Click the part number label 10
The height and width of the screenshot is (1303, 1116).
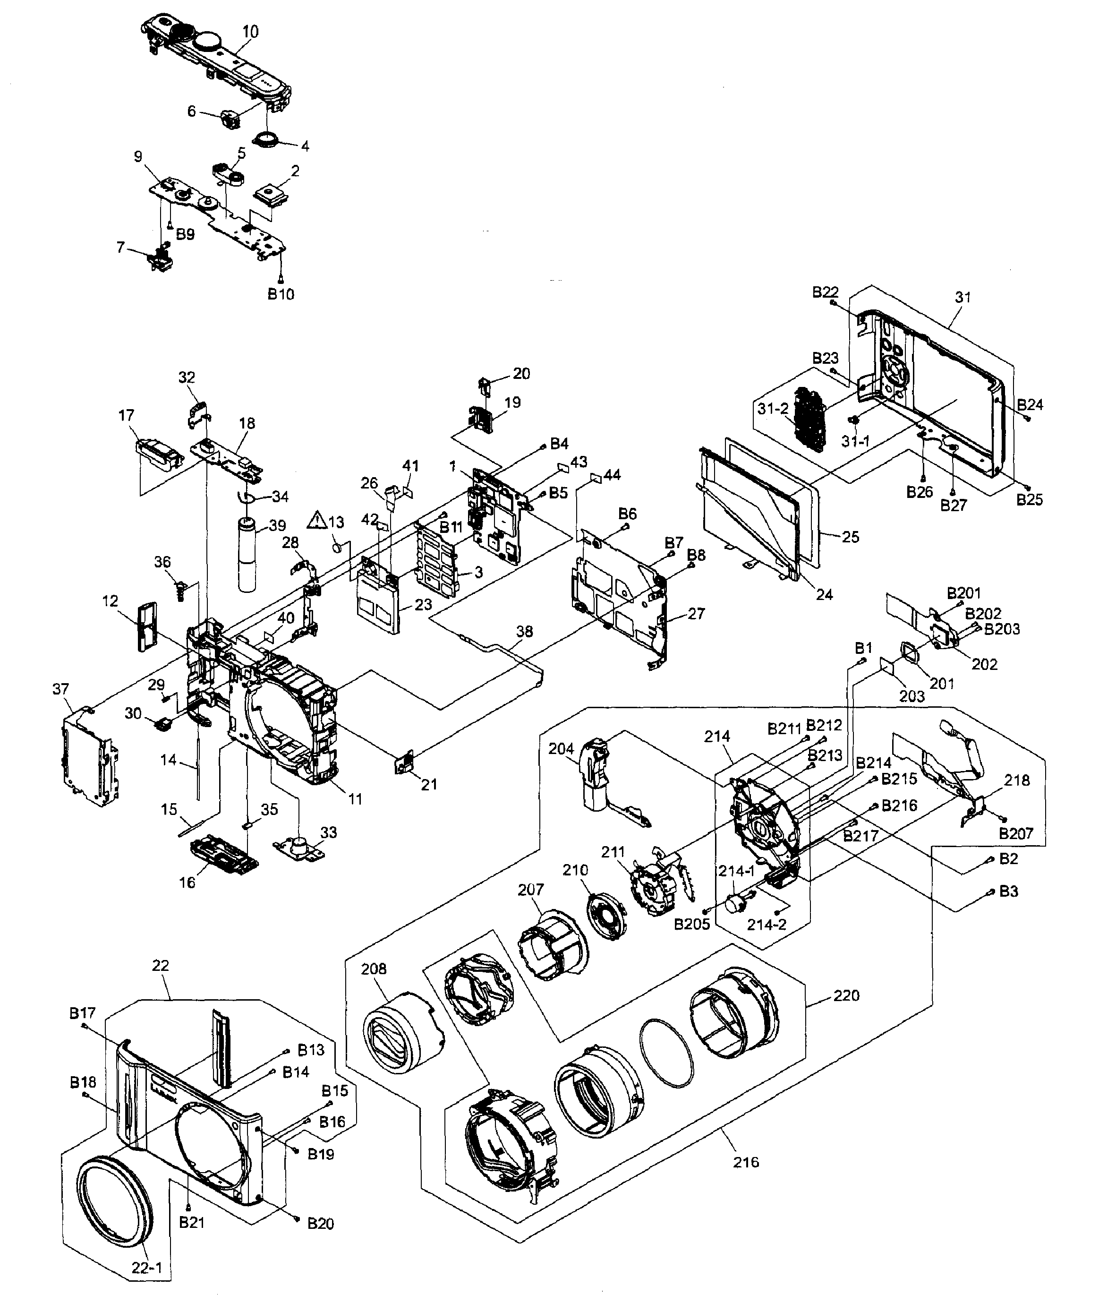250,32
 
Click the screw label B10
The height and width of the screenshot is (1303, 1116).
281,294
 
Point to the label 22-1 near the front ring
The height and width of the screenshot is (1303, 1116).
146,1268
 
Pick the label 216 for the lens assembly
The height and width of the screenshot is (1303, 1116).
746,1162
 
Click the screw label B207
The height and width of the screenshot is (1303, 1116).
1016,834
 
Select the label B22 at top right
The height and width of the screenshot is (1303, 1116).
825,292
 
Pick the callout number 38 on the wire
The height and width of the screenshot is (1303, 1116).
524,631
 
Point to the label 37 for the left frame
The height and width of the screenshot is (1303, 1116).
60,689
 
